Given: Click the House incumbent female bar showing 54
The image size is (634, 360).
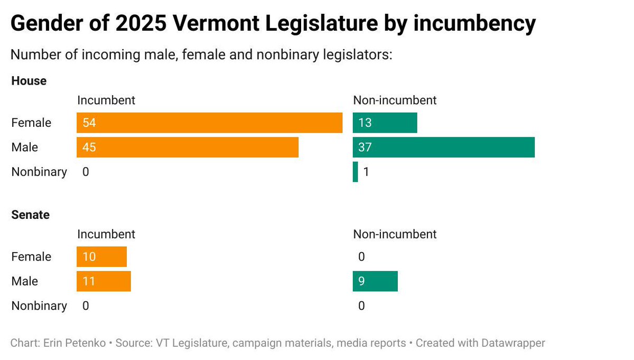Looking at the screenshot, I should (209, 123).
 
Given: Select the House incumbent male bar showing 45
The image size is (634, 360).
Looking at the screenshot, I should (188, 147).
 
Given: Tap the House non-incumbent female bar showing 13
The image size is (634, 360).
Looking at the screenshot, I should (385, 123).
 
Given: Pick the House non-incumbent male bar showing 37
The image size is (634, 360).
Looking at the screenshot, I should (444, 147).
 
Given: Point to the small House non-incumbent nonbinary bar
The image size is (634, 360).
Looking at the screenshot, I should (355, 172).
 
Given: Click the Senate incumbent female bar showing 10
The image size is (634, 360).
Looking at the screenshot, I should (101, 257).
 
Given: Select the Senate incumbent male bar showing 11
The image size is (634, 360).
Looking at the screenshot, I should (104, 281).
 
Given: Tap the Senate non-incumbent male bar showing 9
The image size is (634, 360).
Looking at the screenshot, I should (375, 281).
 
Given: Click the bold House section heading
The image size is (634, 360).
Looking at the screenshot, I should (29, 81).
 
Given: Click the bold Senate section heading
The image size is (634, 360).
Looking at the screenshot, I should (31, 215).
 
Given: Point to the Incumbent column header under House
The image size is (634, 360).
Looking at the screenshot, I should (106, 100).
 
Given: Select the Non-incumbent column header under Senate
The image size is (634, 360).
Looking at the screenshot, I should (395, 234).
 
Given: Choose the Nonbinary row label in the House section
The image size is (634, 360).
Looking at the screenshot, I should (39, 172).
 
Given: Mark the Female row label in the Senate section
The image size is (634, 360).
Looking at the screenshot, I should (31, 257).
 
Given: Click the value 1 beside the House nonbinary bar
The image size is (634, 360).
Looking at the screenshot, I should (366, 172).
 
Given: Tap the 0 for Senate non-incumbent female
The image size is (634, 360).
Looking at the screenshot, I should (361, 257).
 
